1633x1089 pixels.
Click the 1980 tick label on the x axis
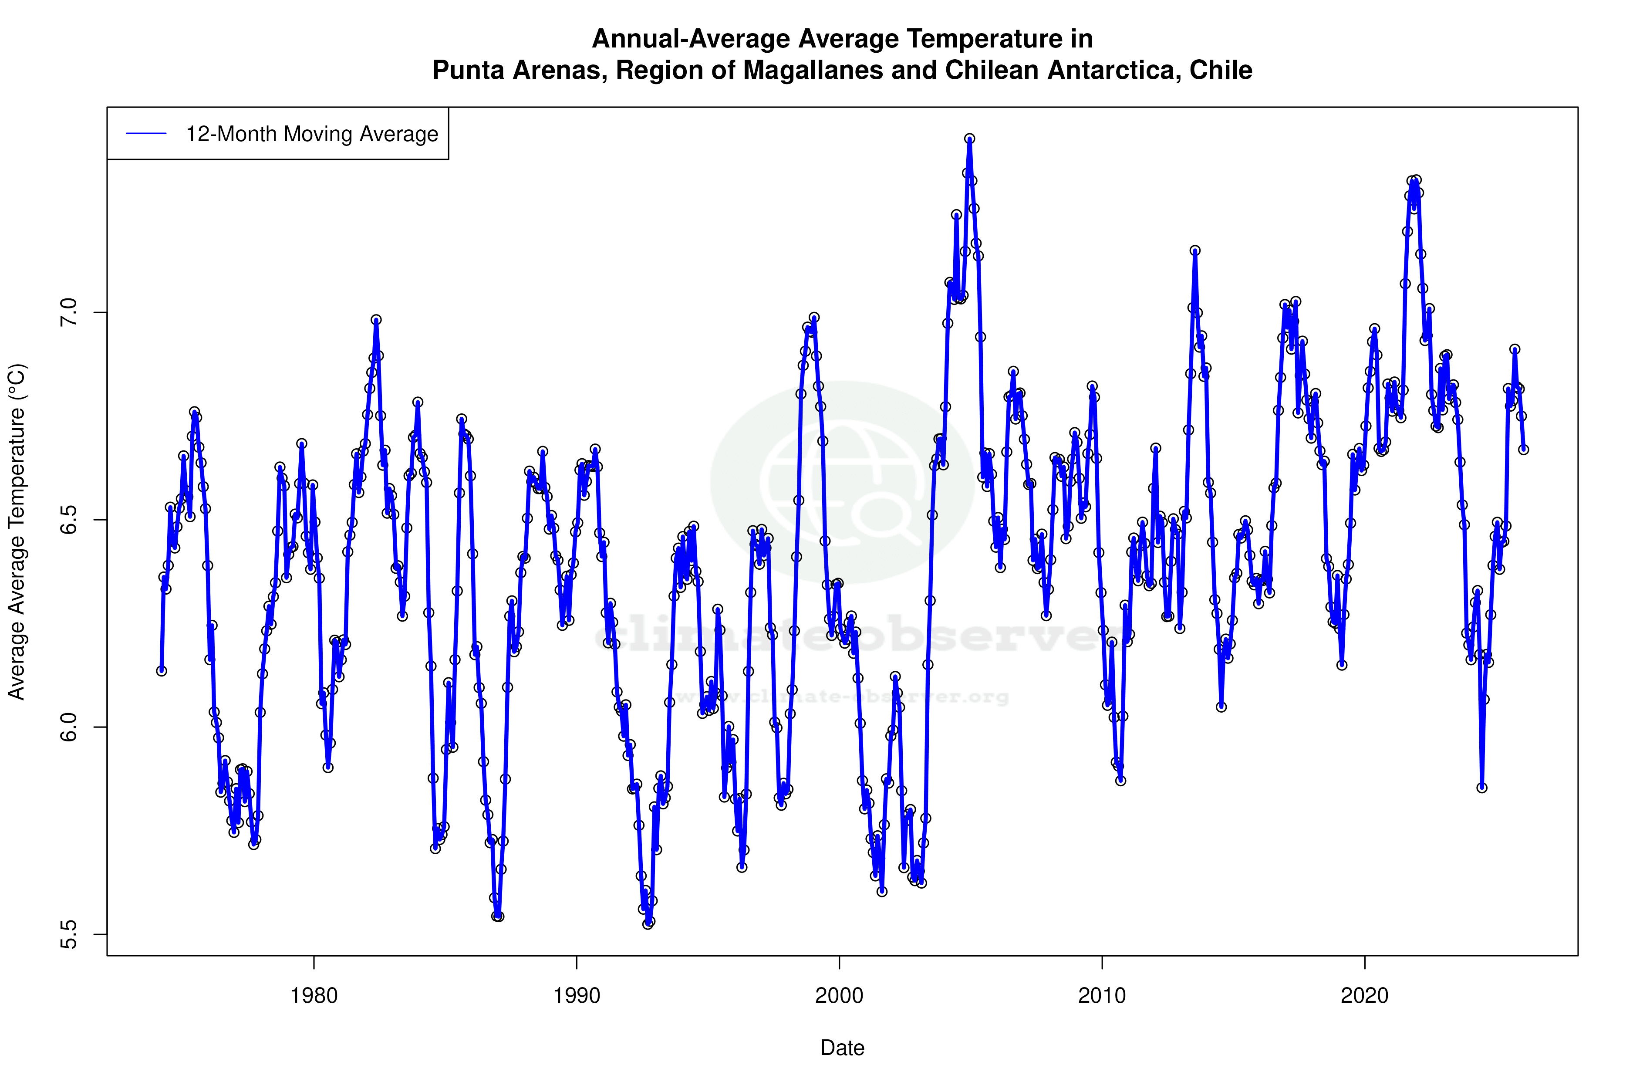314,996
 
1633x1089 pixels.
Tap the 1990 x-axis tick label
576,996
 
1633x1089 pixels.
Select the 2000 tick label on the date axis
839,996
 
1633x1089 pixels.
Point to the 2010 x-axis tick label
1102,996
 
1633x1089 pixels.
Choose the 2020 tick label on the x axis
1364,996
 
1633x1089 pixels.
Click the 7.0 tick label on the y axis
69,312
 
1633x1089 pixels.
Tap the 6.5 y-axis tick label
69,520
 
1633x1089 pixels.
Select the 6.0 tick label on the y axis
69,727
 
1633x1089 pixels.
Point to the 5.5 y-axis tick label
69,934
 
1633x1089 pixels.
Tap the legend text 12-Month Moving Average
312,134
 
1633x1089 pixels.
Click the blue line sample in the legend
146,134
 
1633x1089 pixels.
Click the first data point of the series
161,671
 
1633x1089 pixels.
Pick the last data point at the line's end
1523,450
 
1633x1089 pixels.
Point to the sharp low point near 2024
1481,788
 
